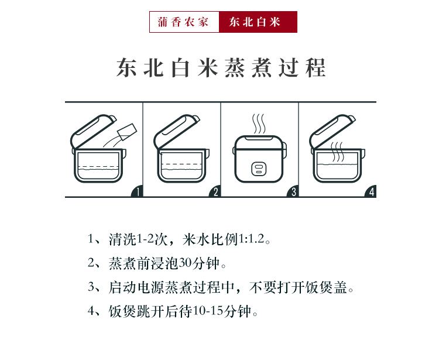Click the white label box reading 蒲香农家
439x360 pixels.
(184, 22)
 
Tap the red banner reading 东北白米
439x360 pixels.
(258, 22)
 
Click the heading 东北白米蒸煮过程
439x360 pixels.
(221, 68)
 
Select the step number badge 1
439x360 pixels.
(137, 191)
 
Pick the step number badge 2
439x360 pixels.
(215, 191)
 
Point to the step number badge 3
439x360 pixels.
(293, 191)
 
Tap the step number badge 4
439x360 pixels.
(371, 191)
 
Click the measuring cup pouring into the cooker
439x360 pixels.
(128, 131)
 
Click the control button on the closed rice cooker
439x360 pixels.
(259, 169)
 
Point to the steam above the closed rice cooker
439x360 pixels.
(259, 124)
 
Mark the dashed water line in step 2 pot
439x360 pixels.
(182, 164)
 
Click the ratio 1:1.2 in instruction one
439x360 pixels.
(251, 239)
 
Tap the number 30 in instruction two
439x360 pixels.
(185, 263)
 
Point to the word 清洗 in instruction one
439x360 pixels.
(122, 239)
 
